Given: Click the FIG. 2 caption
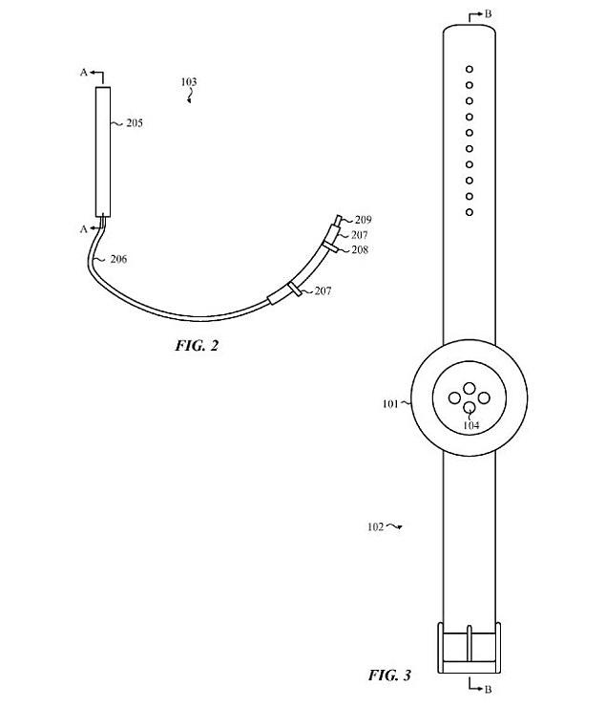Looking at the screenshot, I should [197, 345].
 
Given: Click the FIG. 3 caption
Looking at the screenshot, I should [389, 676].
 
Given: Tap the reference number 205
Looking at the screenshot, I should [135, 123].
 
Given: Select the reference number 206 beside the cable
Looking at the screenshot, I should [118, 259].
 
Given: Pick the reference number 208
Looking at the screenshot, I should [358, 249].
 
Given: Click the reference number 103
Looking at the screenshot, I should [189, 83].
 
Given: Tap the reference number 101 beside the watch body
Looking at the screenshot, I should [390, 403].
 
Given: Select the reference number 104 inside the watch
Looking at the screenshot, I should [470, 425].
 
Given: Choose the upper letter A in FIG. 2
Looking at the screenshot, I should [83, 73].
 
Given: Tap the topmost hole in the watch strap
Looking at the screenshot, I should [469, 69].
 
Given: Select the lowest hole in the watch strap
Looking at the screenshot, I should [469, 211].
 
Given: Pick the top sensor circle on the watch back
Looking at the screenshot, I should [469, 387].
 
